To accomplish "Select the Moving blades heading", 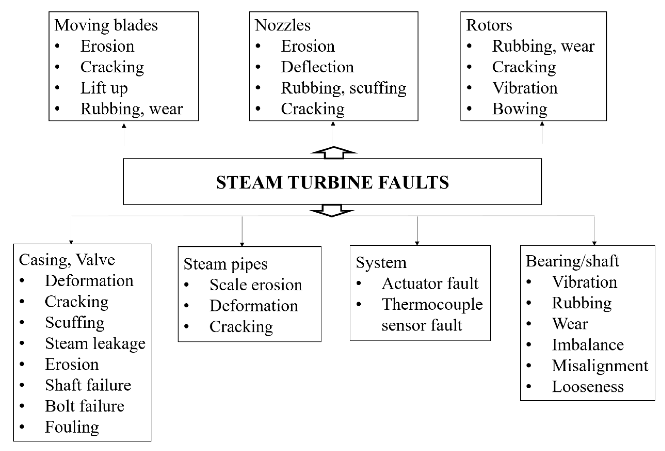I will click(x=106, y=25).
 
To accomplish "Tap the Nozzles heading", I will click(x=282, y=25).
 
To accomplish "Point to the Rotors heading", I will click(x=489, y=25).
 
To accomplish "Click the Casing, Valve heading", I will click(x=67, y=260).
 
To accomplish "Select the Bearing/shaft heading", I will click(x=572, y=261).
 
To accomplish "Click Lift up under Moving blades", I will click(x=104, y=88).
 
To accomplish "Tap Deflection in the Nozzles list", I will click(x=317, y=67).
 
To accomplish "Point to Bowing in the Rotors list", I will click(x=520, y=109).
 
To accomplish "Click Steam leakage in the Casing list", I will click(x=95, y=343).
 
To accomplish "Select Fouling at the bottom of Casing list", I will click(x=72, y=427).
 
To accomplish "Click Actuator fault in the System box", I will click(x=430, y=284).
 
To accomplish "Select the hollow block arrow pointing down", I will click(x=332, y=211).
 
